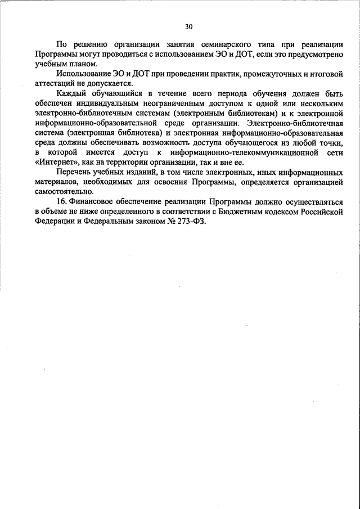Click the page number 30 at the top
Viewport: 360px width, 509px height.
coord(188,26)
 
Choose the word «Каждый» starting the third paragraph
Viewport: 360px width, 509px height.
coord(70,93)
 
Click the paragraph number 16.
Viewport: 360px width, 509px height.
coord(62,202)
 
